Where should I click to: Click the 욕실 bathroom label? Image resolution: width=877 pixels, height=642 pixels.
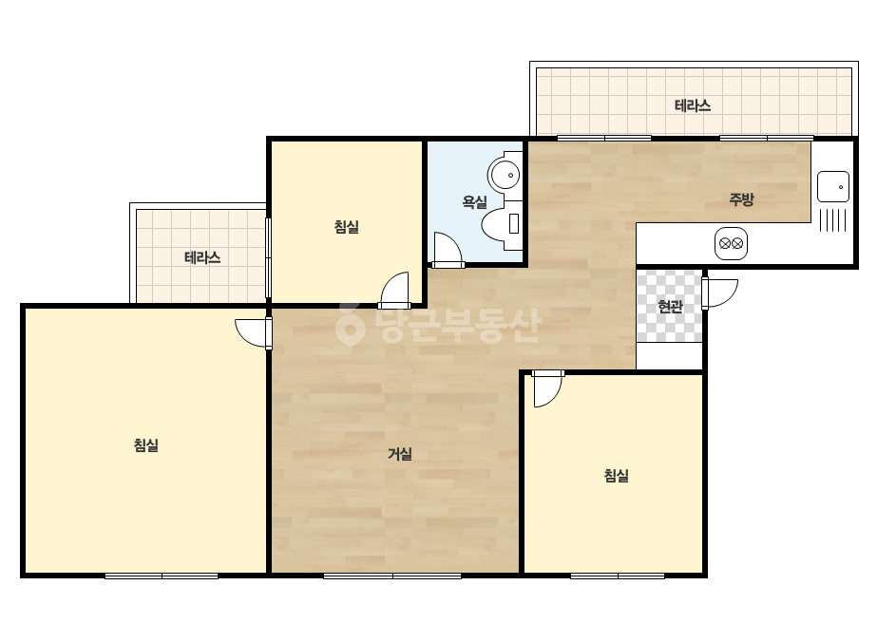[x=474, y=201]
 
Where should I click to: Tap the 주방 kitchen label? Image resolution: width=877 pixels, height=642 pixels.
[x=742, y=199]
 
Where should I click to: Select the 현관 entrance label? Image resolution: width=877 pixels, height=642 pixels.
[x=670, y=307]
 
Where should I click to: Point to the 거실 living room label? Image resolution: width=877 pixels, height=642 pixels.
[x=400, y=454]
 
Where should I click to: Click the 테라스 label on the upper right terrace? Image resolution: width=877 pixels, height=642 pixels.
[x=693, y=105]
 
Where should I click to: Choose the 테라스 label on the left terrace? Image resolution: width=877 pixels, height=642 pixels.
[x=202, y=257]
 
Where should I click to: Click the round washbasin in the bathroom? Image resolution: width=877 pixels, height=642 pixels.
[x=505, y=175]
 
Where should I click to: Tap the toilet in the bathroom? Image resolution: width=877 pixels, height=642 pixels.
[x=502, y=224]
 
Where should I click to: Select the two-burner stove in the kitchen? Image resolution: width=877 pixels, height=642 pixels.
[x=731, y=244]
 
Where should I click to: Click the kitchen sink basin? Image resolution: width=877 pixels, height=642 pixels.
[x=832, y=186]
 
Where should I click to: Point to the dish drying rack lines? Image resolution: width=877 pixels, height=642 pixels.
[x=832, y=219]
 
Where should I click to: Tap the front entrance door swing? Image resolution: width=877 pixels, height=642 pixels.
[x=720, y=293]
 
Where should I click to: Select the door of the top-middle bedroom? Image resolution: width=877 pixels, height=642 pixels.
[x=393, y=291]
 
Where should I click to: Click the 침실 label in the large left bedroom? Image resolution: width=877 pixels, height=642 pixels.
[x=146, y=444]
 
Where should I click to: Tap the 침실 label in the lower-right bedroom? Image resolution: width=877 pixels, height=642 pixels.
[x=617, y=476]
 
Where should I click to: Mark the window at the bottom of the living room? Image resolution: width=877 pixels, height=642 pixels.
[x=392, y=576]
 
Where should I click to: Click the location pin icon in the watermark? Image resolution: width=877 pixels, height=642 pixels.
[x=350, y=326]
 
